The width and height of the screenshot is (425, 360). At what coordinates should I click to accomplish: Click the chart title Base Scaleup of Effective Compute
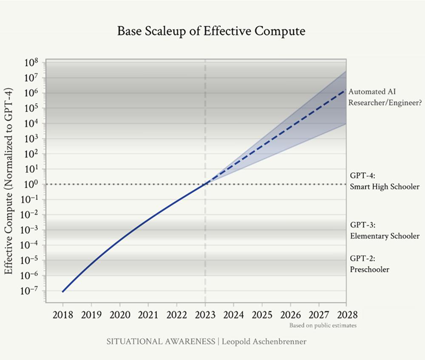pyautogui.click(x=211, y=31)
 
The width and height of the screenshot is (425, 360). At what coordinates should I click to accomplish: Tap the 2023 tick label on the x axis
pyautogui.click(x=205, y=315)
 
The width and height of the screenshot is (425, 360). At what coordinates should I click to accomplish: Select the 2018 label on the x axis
pyautogui.click(x=63, y=315)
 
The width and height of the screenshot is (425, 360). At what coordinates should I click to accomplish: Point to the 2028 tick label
pyautogui.click(x=347, y=315)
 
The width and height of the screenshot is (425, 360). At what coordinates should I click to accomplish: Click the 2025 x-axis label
pyautogui.click(x=262, y=315)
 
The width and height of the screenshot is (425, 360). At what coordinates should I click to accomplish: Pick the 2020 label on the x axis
pyautogui.click(x=120, y=315)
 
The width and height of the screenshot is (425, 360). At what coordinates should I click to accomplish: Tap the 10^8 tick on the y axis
pyautogui.click(x=31, y=63)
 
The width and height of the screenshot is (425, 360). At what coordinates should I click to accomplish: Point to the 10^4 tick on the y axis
pyautogui.click(x=31, y=124)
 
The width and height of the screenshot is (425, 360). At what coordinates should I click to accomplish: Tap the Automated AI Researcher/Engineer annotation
pyautogui.click(x=385, y=97)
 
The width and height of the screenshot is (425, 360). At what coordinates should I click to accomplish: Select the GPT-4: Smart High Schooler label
pyautogui.click(x=385, y=181)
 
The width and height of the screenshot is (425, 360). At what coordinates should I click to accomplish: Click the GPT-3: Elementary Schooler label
pyautogui.click(x=385, y=231)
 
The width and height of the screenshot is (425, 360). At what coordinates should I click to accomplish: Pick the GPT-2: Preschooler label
pyautogui.click(x=369, y=264)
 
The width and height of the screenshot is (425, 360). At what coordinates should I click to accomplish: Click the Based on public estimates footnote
pyautogui.click(x=323, y=326)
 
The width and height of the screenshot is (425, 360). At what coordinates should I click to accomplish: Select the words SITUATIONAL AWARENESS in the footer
pyautogui.click(x=161, y=342)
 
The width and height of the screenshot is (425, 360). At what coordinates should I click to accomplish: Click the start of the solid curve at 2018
pyautogui.click(x=63, y=292)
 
